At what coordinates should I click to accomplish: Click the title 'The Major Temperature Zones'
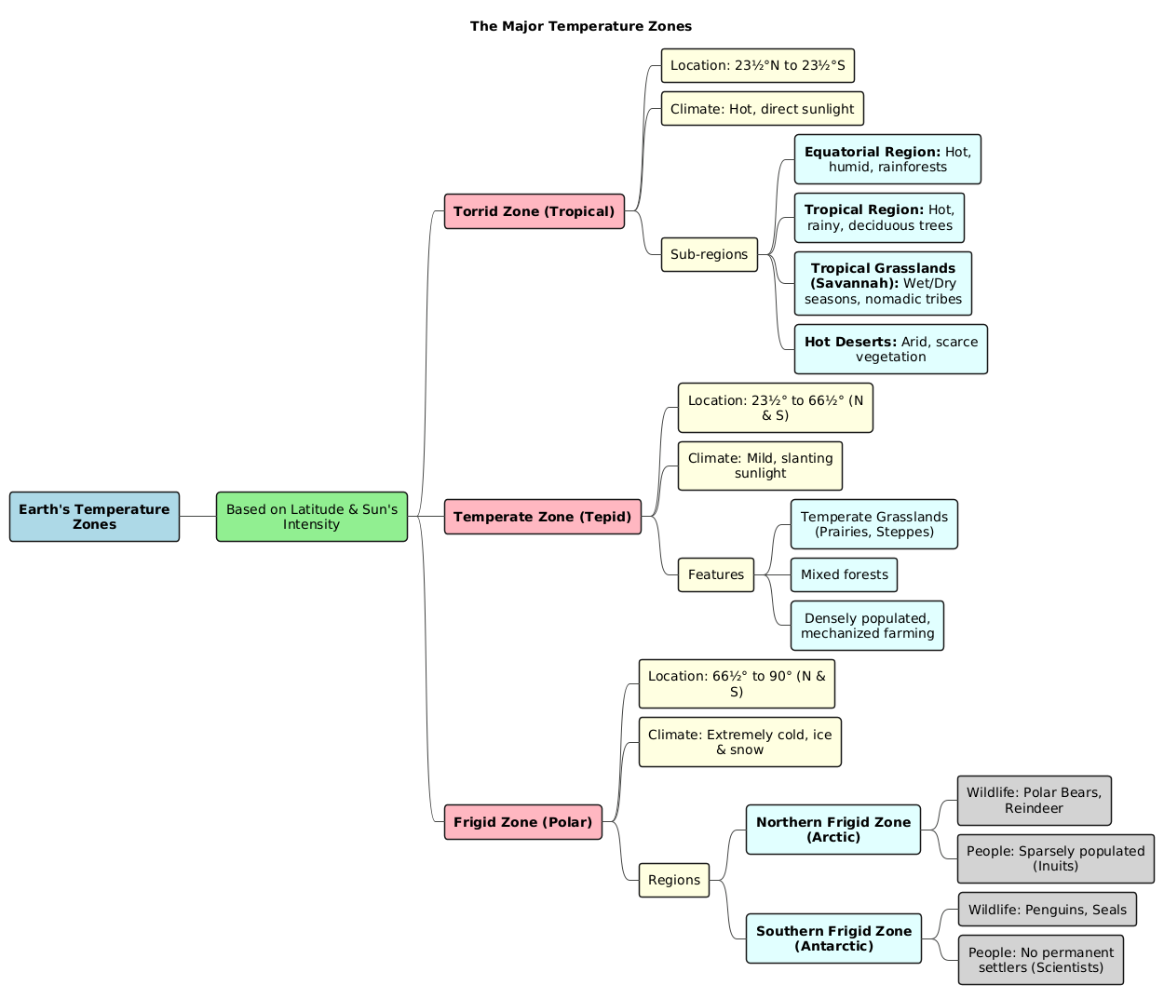(x=580, y=26)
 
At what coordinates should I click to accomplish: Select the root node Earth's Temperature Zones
(x=94, y=517)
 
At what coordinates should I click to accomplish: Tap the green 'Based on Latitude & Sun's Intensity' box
(x=312, y=517)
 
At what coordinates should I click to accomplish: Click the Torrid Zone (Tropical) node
(x=534, y=211)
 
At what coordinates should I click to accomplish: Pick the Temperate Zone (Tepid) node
(x=543, y=517)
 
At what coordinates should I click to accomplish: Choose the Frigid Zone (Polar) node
(x=523, y=822)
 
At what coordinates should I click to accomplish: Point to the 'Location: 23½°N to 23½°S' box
(x=757, y=65)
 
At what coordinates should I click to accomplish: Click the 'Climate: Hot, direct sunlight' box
(x=762, y=109)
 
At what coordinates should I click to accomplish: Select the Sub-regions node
(x=709, y=254)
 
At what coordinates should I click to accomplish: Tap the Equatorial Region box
(x=887, y=159)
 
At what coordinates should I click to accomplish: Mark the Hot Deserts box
(x=890, y=349)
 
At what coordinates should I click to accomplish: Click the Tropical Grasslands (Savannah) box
(x=883, y=283)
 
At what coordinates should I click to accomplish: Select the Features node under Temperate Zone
(x=715, y=574)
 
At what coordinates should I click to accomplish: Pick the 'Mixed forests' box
(x=844, y=574)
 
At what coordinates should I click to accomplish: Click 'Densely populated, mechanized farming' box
(x=867, y=626)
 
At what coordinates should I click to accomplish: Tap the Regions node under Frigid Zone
(x=673, y=880)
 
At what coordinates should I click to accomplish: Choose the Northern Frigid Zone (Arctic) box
(x=832, y=830)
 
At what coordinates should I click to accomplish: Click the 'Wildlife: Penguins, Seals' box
(x=1047, y=910)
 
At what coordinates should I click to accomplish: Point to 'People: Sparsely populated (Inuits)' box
(x=1055, y=858)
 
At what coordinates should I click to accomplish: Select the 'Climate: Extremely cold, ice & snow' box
(x=739, y=742)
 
